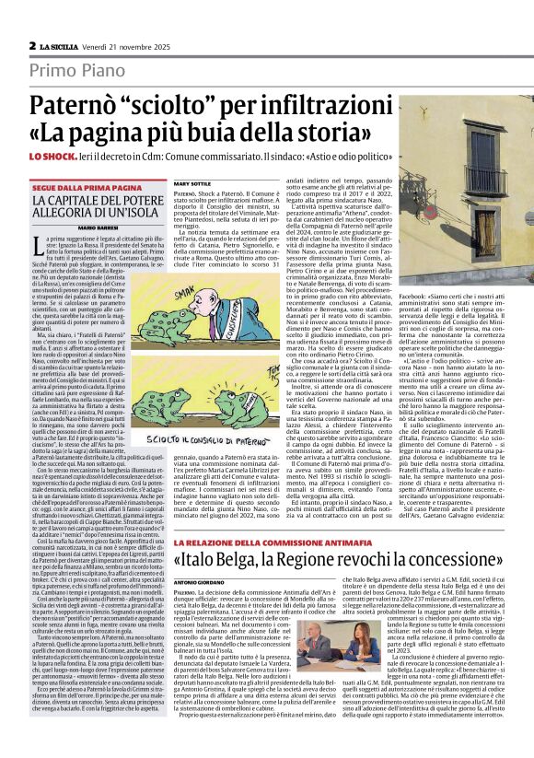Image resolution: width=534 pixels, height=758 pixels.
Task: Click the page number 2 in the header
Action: [32, 45]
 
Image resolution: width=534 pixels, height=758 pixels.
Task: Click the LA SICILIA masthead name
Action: [61, 45]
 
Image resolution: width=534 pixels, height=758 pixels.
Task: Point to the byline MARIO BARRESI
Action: [95, 226]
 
